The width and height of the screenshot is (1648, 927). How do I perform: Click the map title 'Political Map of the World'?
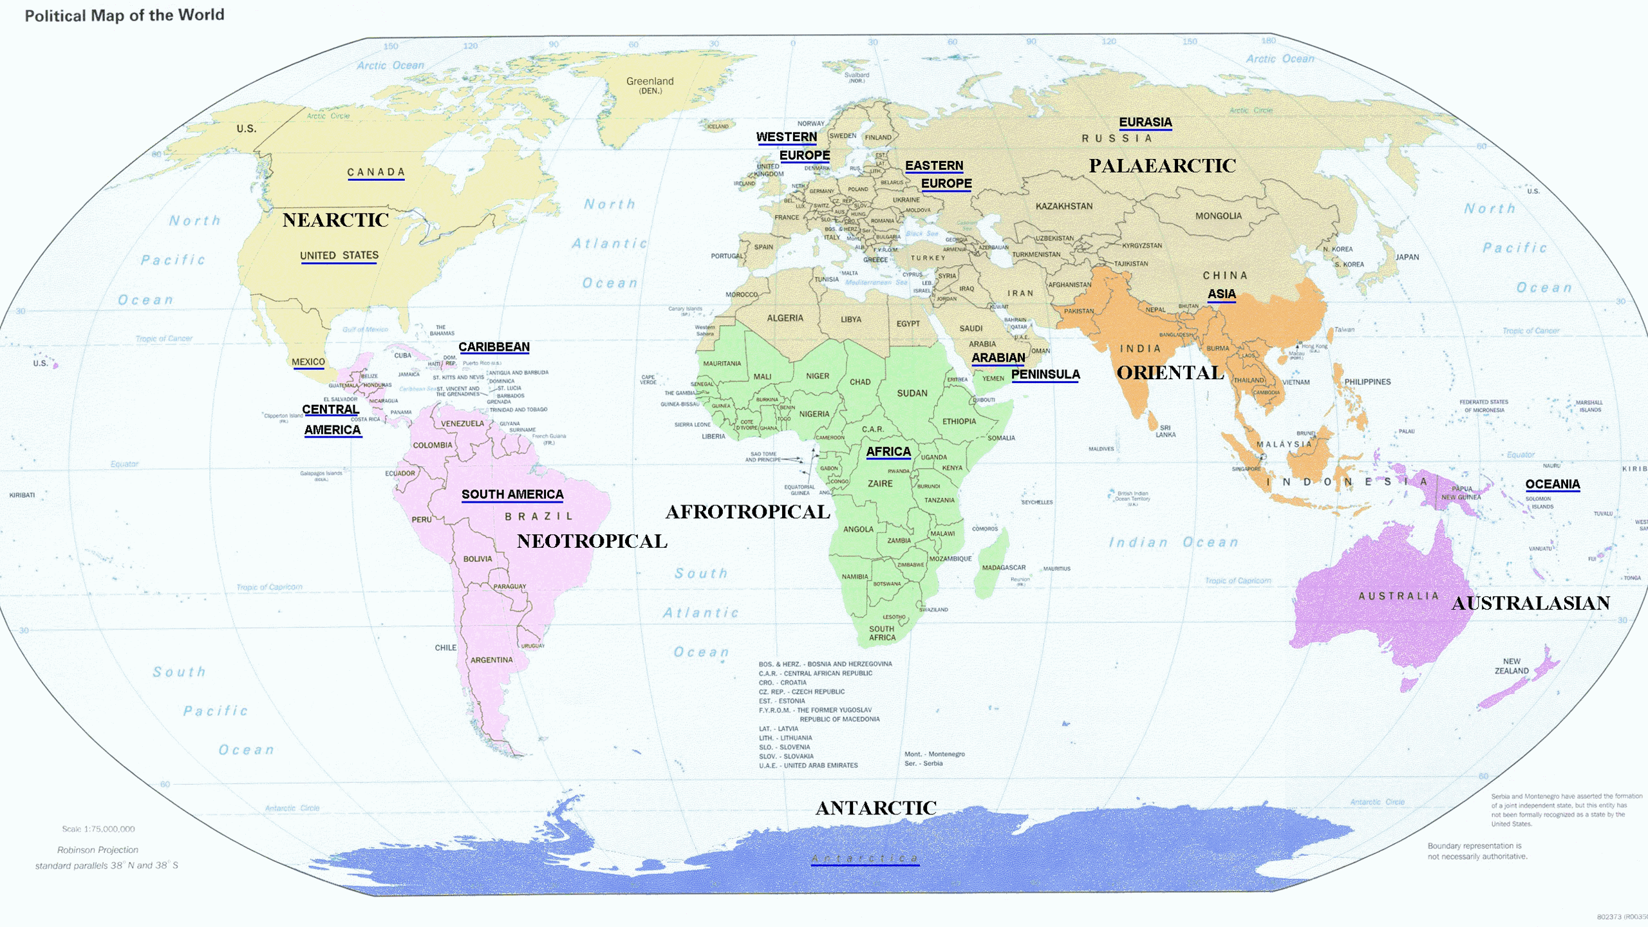point(124,15)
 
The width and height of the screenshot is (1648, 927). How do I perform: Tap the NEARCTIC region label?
point(335,220)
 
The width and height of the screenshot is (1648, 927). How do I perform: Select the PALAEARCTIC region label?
point(1162,166)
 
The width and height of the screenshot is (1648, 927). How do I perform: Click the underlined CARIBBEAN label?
point(494,347)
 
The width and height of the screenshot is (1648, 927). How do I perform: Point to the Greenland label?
point(650,84)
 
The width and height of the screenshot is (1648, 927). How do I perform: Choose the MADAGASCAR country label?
point(1003,568)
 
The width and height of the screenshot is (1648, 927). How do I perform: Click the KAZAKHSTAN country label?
point(1063,206)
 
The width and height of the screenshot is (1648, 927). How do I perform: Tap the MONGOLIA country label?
point(1218,216)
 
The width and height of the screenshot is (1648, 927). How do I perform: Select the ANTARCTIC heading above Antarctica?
point(876,808)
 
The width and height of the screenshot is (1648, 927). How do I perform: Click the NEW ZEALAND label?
point(1511,666)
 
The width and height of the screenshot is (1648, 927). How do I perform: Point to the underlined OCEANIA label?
point(1552,484)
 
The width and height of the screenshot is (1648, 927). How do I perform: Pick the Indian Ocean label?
point(1173,543)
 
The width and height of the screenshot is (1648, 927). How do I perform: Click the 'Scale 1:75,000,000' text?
point(98,829)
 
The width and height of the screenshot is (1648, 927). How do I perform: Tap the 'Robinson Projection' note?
point(98,850)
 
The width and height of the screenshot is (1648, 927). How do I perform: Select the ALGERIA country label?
point(785,318)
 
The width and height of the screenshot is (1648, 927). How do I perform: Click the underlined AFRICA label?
point(888,452)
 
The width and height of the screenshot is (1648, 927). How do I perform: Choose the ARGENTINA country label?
point(491,660)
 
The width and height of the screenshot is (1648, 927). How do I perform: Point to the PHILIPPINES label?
point(1367,382)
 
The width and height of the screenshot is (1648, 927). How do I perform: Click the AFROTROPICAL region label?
point(747,512)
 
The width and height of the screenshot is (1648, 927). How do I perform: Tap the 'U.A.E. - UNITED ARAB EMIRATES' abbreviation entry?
point(808,765)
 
